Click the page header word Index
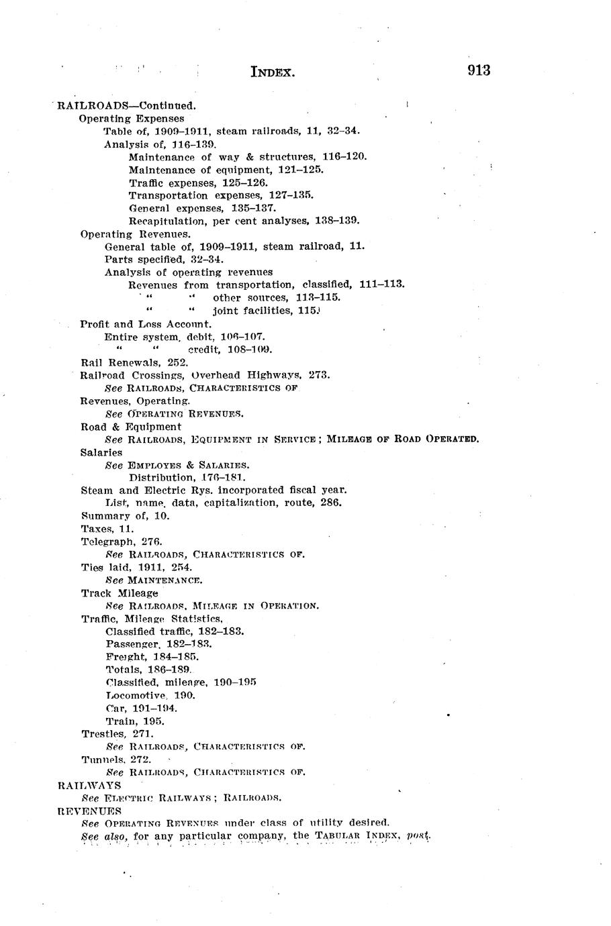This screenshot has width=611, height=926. [273, 71]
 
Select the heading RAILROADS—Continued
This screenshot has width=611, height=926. [127, 105]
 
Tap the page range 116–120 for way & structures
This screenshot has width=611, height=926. [344, 156]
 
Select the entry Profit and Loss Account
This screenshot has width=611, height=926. [136, 324]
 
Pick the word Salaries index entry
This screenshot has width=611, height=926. [101, 452]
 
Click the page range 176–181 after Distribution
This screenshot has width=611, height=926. [224, 478]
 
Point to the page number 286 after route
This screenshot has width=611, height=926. [331, 503]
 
